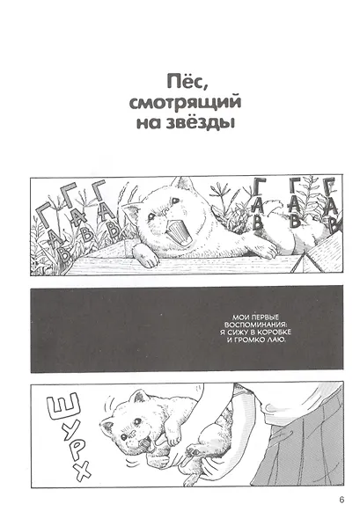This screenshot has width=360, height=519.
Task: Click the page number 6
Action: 337,503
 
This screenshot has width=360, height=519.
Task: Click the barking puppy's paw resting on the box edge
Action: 149,259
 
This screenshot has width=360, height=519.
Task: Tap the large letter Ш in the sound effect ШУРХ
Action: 57,407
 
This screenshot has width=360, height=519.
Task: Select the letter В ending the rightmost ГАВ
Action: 332,223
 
